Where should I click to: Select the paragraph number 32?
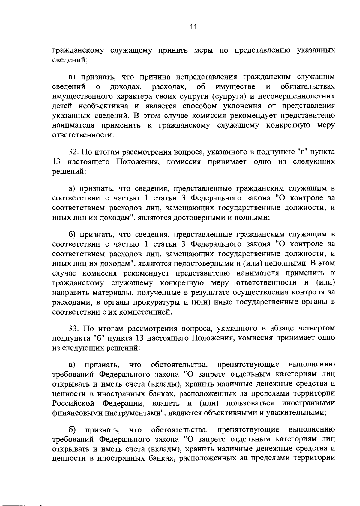[x=73, y=152]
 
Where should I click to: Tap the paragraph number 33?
[x=73, y=328]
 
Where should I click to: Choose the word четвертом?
[x=313, y=328]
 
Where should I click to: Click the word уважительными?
[x=294, y=412]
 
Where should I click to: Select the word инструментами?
[x=135, y=412]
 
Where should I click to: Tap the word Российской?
[x=73, y=402]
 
